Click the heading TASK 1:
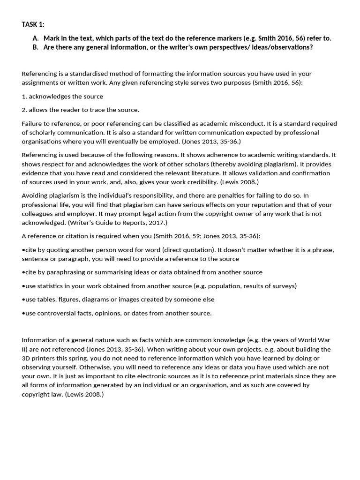[33, 24]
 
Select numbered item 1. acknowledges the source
[62, 96]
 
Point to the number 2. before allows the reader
[24, 110]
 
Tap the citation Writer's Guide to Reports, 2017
[117, 222]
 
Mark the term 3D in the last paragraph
[27, 358]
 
